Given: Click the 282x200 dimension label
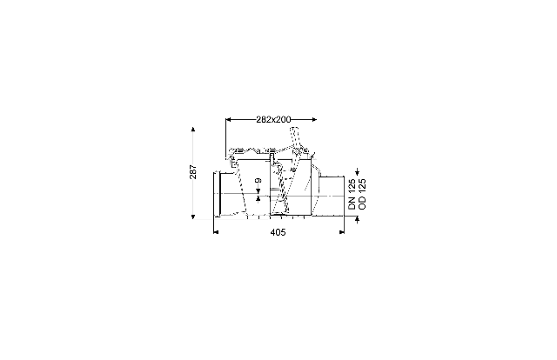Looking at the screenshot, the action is [x=273, y=120].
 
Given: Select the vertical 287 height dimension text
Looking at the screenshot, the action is [x=193, y=172].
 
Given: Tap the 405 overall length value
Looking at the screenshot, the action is [x=278, y=232].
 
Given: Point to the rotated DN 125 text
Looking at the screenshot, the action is [x=352, y=194].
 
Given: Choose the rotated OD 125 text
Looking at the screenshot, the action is [x=362, y=194].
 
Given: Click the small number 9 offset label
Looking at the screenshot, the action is [x=258, y=180].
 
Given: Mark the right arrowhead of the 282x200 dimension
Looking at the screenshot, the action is [x=314, y=120].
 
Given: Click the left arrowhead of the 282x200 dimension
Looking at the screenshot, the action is [x=228, y=120].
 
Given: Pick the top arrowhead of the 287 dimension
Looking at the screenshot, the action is [x=193, y=130].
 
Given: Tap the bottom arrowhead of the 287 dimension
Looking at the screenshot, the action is [x=193, y=217].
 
